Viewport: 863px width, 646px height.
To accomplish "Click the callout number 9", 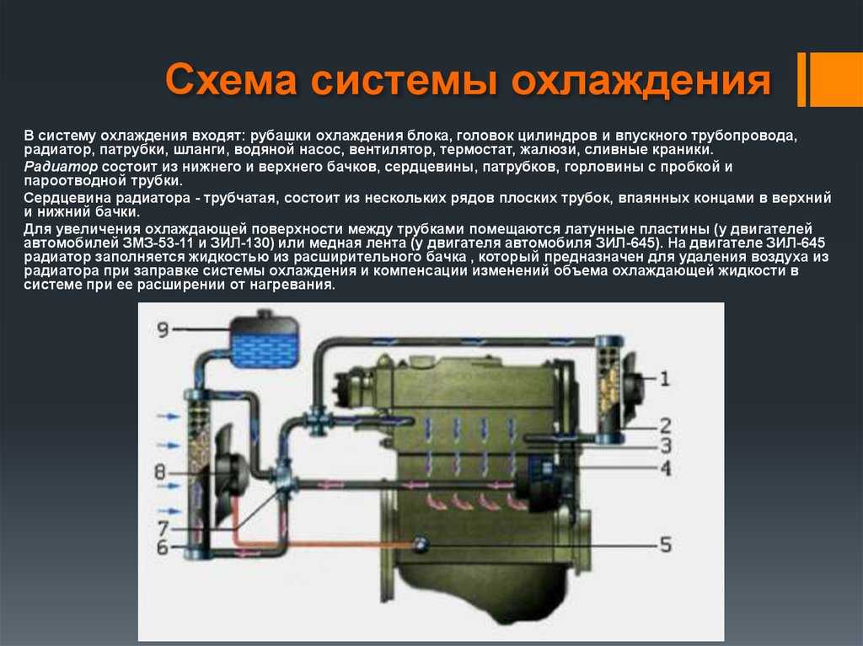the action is coord(163,329).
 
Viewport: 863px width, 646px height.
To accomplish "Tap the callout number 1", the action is coord(665,378).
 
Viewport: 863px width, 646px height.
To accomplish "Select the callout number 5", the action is coord(666,544).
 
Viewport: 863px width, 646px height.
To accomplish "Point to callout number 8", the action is coord(159,472).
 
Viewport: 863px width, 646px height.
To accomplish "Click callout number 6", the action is coord(163,547).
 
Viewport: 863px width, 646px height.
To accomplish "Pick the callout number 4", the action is coord(666,468).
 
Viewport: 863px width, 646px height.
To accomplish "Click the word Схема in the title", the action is coord(231,80).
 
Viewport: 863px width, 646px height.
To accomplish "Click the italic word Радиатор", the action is coord(61,167).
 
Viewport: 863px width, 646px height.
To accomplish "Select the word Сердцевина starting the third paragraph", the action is coord(68,198).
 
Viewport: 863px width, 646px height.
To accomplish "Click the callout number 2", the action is coord(666,425).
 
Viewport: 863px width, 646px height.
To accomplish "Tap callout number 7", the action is coord(163,528).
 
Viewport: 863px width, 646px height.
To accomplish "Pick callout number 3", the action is coord(666,446).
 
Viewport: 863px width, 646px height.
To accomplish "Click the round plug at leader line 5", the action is coord(421,543).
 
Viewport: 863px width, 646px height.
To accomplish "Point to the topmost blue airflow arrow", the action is coord(169,416).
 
